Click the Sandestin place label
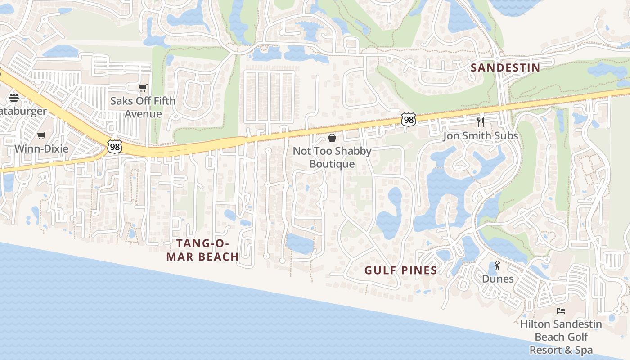coord(505,68)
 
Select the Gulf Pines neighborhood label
coord(400,270)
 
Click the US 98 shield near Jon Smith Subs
coord(408,120)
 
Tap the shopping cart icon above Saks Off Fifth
coord(143,88)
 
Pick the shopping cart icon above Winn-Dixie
coord(41,135)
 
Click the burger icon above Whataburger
coord(14,98)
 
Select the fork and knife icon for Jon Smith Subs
coord(481,122)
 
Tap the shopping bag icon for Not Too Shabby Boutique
coord(332,138)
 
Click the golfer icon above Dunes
coord(497,266)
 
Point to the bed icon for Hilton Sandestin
coord(561,311)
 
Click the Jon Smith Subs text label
coord(481,136)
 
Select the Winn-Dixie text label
coord(41,148)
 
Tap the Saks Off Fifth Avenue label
coord(143,107)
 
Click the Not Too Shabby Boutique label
coord(332,157)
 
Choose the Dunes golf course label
coord(498,279)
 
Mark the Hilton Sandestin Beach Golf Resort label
coord(561,337)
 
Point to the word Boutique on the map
coord(332,164)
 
